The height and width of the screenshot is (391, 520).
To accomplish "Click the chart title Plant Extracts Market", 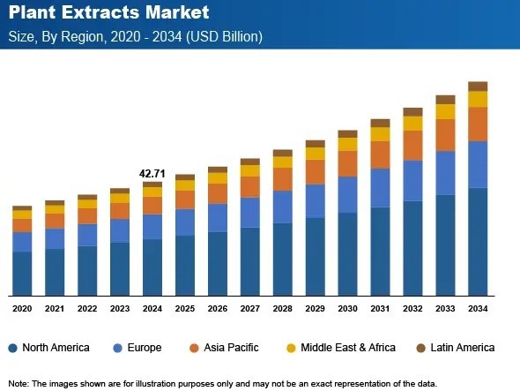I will [108, 13].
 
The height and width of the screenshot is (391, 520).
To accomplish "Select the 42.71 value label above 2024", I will [152, 174].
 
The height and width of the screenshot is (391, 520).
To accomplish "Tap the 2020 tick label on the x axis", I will [22, 308].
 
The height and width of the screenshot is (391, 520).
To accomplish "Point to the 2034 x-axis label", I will [478, 308].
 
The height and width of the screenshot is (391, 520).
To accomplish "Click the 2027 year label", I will [250, 308].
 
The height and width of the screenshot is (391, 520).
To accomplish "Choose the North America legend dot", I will [11, 348].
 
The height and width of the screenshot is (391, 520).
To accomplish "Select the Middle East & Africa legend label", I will [348, 348].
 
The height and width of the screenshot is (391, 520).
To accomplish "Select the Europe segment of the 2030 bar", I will [348, 194].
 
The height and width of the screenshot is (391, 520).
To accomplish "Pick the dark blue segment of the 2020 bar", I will [22, 273].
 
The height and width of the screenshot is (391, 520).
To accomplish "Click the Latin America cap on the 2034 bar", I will [478, 86].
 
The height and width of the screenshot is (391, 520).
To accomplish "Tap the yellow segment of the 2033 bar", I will [445, 111].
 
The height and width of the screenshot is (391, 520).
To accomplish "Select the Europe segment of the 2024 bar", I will [152, 226].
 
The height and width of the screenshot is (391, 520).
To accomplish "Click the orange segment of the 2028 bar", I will [283, 179].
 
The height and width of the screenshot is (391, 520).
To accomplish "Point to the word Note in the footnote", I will [18, 383].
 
